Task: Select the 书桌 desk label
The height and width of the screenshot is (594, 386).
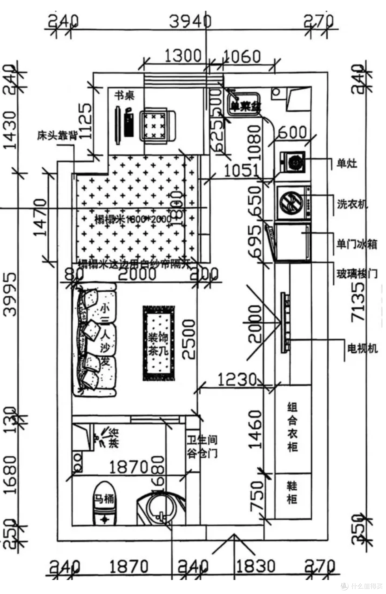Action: (x=124, y=95)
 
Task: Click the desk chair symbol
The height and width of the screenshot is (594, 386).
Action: (x=158, y=125)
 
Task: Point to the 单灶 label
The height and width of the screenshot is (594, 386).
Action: (x=346, y=163)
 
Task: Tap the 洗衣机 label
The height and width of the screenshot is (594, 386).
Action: (x=352, y=204)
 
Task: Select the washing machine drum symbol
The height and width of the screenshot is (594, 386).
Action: (x=291, y=203)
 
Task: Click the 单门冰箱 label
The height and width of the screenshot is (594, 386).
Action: (x=356, y=244)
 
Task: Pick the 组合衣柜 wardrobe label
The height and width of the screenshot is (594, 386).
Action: (x=292, y=427)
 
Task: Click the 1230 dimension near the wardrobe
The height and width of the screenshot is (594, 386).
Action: (x=237, y=380)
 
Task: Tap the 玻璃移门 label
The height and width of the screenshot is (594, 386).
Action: (x=356, y=274)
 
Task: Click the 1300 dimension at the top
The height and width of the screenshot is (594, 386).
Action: (x=183, y=56)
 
